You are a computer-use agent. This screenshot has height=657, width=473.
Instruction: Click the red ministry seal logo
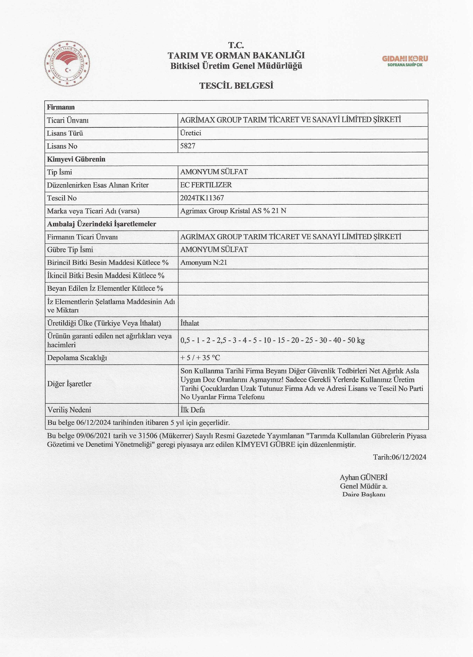[67, 64]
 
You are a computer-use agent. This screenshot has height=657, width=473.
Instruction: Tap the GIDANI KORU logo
[405, 61]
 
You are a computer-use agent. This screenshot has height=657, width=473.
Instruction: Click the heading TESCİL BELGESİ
[236, 86]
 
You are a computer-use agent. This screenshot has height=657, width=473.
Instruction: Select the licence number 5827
[188, 146]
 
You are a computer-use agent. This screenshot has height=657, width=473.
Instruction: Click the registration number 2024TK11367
[202, 198]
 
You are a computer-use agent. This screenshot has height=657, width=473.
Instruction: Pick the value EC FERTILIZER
[206, 185]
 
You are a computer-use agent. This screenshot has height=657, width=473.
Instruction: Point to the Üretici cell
[191, 133]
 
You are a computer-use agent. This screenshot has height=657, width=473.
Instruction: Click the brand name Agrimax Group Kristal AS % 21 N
[233, 211]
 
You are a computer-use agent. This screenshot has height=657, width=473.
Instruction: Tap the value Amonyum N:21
[204, 262]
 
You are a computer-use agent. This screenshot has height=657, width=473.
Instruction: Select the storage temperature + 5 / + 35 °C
[200, 358]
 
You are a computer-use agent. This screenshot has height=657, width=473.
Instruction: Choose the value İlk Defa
[193, 410]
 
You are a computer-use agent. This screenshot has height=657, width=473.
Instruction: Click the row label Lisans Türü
[65, 133]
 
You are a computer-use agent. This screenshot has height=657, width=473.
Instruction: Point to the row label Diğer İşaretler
[69, 384]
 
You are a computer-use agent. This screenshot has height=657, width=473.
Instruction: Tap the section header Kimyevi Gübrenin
[76, 159]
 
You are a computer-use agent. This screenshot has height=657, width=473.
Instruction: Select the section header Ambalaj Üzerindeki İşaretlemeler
[102, 224]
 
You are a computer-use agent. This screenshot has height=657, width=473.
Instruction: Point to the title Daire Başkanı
[364, 494]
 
